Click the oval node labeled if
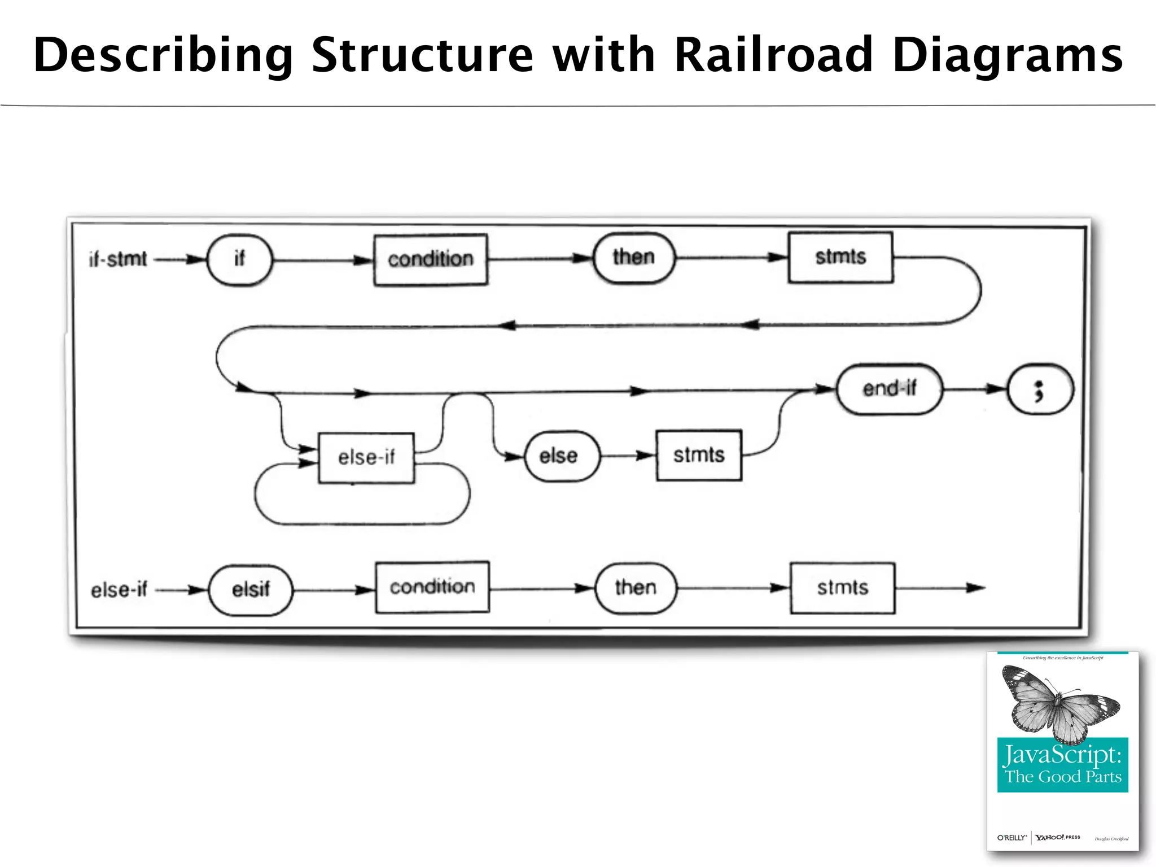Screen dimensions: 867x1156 240,260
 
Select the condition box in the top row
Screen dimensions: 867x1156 431,260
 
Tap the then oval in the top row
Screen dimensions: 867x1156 634,258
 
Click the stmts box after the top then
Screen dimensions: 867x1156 840,257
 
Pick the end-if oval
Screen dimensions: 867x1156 890,389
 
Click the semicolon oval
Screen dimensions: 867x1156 1040,389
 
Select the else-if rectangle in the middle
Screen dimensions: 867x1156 366,458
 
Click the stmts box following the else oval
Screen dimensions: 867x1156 699,456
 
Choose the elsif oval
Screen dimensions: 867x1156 251,590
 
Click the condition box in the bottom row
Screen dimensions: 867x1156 432,587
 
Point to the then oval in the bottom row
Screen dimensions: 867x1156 636,588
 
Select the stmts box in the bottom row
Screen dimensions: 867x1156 843,588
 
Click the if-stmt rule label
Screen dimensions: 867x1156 118,260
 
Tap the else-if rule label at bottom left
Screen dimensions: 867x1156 119,590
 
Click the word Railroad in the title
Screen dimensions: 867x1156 773,55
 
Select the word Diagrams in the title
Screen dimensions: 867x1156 1008,55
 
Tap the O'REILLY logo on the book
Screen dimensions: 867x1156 1011,838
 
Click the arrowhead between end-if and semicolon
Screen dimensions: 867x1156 994,389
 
